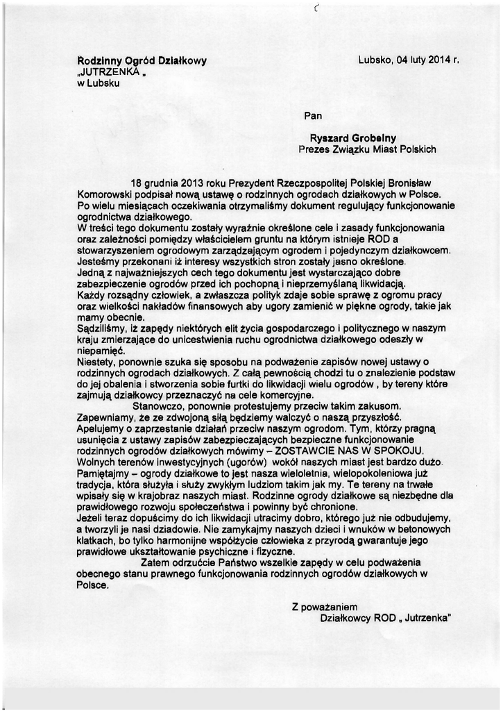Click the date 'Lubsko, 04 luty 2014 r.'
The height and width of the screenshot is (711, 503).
pyautogui.click(x=409, y=60)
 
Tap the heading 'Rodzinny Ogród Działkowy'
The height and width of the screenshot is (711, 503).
pyautogui.click(x=142, y=61)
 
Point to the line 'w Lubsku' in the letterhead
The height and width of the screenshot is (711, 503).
pyautogui.click(x=98, y=83)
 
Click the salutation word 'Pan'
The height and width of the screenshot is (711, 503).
pyautogui.click(x=313, y=115)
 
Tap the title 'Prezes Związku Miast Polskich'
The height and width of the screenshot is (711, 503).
pyautogui.click(x=367, y=149)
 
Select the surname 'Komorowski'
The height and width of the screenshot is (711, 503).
pyautogui.click(x=103, y=194)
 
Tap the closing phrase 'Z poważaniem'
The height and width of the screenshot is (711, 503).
pyautogui.click(x=324, y=606)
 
